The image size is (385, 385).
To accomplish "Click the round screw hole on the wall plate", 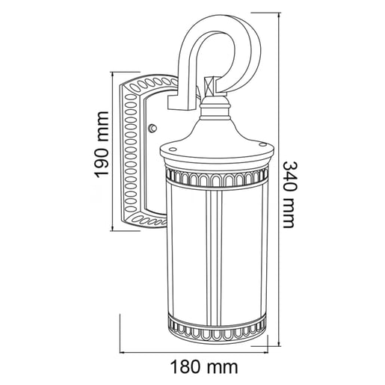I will point(153,127).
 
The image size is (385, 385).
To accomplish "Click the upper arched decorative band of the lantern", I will point(217,177).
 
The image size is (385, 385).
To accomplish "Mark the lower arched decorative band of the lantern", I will point(217,327).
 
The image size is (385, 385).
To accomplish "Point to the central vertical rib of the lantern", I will point(217,254).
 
